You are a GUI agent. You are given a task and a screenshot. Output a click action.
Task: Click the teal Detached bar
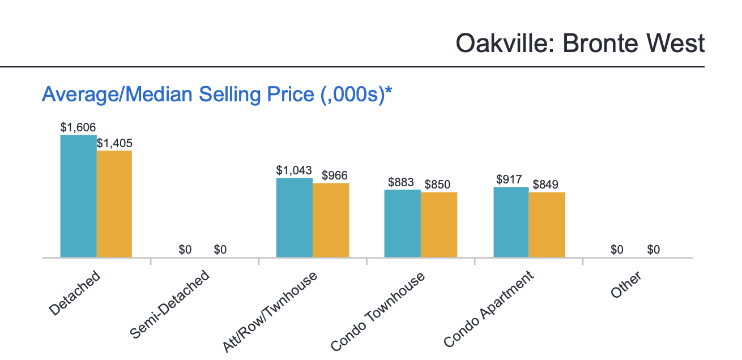pyautogui.click(x=78, y=196)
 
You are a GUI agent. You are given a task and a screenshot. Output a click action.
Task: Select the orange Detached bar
pyautogui.click(x=114, y=204)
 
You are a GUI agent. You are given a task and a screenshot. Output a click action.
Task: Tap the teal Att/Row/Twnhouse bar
pyautogui.click(x=294, y=217)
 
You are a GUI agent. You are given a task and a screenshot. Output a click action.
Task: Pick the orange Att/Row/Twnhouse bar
pyautogui.click(x=331, y=220)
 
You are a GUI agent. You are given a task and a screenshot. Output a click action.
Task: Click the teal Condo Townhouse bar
pyautogui.click(x=402, y=224)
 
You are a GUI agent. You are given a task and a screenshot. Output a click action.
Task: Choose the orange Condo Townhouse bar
pyautogui.click(x=439, y=225)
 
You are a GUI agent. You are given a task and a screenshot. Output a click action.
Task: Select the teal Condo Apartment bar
pyautogui.click(x=511, y=222)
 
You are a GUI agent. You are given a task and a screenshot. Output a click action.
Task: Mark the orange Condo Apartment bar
pyautogui.click(x=547, y=225)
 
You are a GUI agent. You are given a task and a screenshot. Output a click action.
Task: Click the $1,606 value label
pyautogui.click(x=78, y=127)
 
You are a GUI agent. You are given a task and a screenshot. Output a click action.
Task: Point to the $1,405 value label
pyautogui.click(x=114, y=143)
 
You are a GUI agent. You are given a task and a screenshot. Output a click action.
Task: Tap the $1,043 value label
pyautogui.click(x=294, y=170)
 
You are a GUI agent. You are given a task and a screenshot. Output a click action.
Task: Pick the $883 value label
pyautogui.click(x=402, y=182)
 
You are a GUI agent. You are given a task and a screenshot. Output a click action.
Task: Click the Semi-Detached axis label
pyautogui.click(x=170, y=305)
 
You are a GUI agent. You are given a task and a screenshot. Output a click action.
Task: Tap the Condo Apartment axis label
pyautogui.click(x=488, y=308)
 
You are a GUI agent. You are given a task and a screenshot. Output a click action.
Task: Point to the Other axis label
pyautogui.click(x=626, y=285)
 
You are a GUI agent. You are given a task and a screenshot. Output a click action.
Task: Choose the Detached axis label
pyautogui.click(x=75, y=293)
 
